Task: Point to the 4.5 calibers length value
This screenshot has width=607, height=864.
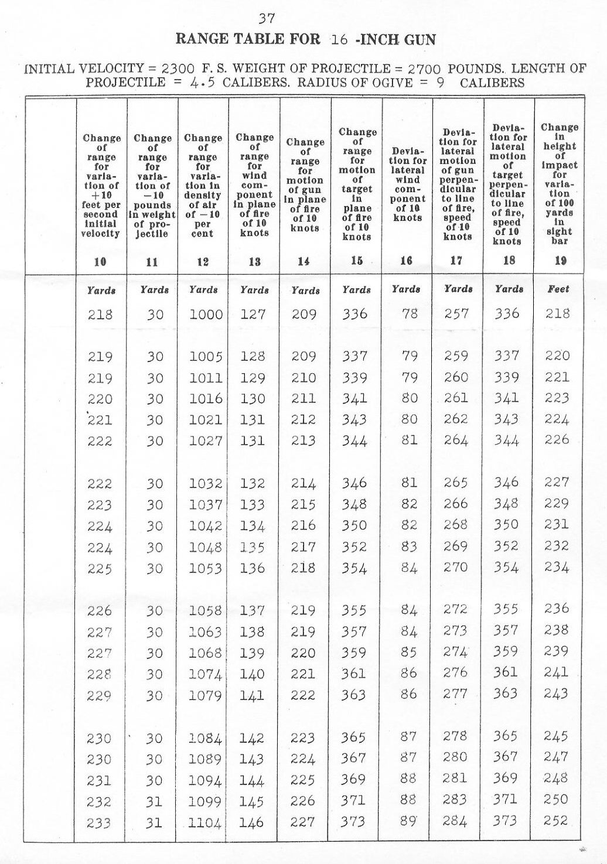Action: pyautogui.click(x=203, y=83)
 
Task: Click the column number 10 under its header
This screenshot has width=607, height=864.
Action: pyautogui.click(x=101, y=262)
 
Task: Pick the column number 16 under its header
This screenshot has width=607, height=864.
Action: pyautogui.click(x=407, y=261)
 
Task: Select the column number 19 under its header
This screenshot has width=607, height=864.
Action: pyautogui.click(x=560, y=261)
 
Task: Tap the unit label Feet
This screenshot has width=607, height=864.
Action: pyautogui.click(x=558, y=289)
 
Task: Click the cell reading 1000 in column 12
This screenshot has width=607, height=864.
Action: pyautogui.click(x=206, y=315)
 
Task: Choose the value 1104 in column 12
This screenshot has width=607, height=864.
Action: pyautogui.click(x=205, y=823)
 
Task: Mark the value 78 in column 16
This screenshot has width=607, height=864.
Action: pyautogui.click(x=410, y=314)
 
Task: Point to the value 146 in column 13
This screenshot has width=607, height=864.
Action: pyautogui.click(x=252, y=822)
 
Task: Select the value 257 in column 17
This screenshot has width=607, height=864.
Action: pyautogui.click(x=456, y=314)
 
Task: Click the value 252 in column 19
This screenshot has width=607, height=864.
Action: pyautogui.click(x=556, y=821)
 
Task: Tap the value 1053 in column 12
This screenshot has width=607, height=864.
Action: pyautogui.click(x=205, y=569)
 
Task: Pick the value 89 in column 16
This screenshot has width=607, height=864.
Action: pyautogui.click(x=409, y=821)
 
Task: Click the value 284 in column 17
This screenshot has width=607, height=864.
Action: pyautogui.click(x=455, y=821)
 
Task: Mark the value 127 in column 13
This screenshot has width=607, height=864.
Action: pyautogui.click(x=253, y=315)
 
